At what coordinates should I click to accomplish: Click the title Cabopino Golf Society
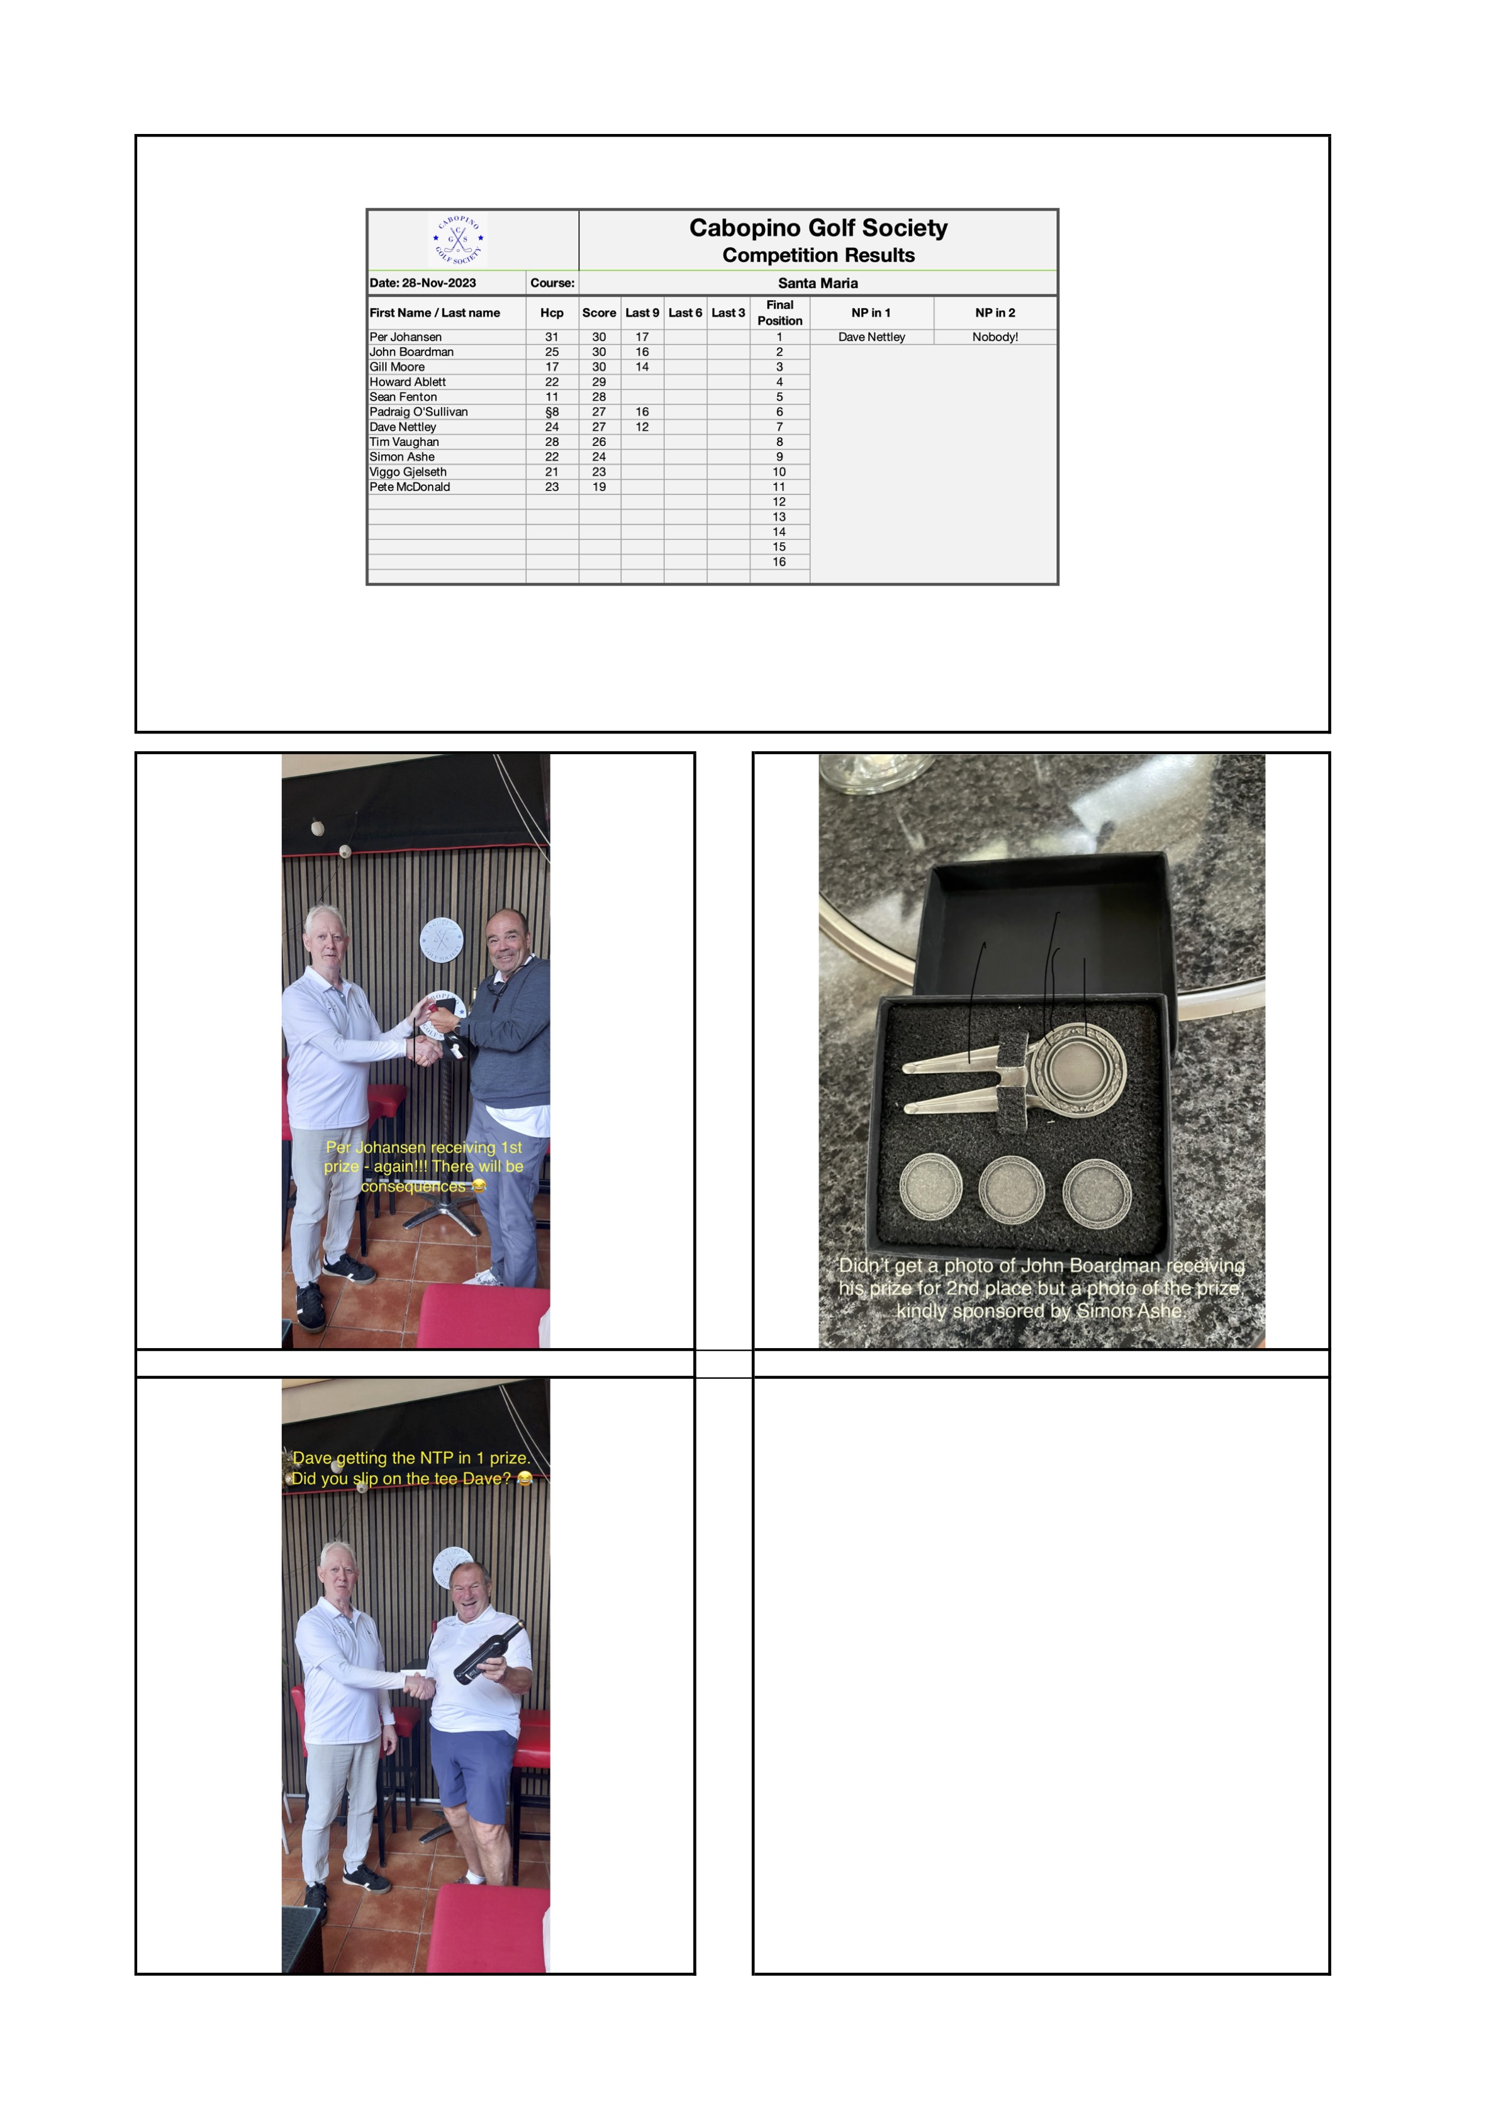818,228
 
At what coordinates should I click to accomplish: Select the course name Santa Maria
818,283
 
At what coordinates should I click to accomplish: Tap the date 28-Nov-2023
439,283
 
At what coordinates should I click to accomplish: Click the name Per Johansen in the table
406,337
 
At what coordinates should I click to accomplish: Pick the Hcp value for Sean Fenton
552,397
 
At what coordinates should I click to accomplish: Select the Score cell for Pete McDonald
600,486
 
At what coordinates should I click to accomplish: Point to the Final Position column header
780,313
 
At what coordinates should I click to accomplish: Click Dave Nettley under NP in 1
871,337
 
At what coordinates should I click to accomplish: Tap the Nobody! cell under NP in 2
995,337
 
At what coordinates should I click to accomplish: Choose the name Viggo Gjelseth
408,471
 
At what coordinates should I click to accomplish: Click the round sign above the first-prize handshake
442,941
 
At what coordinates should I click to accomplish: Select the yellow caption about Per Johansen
423,1166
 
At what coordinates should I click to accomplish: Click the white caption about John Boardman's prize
1041,1288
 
